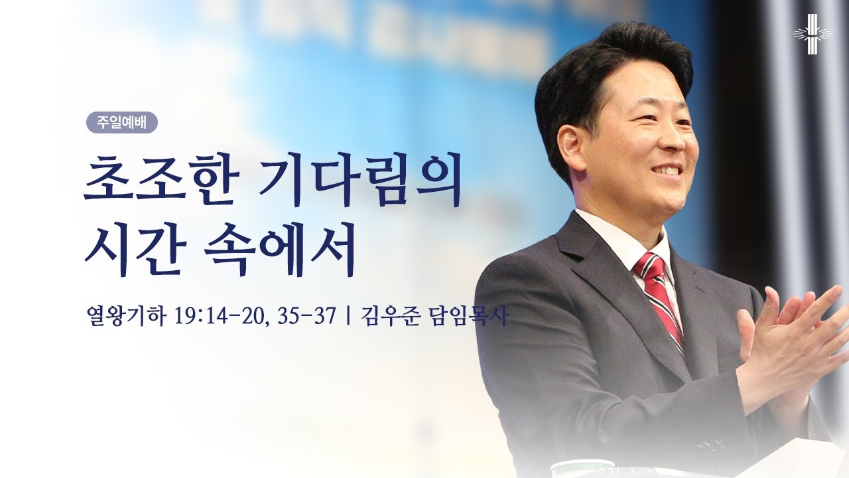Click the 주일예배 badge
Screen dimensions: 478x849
click(x=122, y=123)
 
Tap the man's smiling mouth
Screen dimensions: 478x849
click(x=665, y=171)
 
